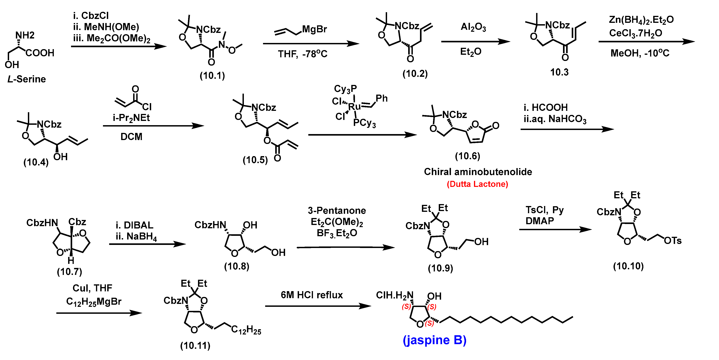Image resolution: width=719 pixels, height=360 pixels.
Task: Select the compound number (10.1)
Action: [212, 75]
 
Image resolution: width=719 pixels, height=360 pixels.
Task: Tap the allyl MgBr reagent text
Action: [314, 29]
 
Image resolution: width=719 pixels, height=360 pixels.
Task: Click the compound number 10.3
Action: [559, 72]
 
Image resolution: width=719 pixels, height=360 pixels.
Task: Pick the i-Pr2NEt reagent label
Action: [131, 118]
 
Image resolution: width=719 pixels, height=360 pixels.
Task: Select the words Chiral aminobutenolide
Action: [478, 172]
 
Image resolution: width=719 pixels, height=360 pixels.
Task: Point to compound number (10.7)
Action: [69, 272]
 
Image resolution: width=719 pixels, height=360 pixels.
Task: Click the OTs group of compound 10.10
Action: [673, 241]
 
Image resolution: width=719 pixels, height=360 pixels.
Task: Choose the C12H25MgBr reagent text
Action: [94, 302]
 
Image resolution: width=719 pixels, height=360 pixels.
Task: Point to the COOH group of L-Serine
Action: [40, 53]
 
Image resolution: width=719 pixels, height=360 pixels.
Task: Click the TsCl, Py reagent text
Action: [544, 210]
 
